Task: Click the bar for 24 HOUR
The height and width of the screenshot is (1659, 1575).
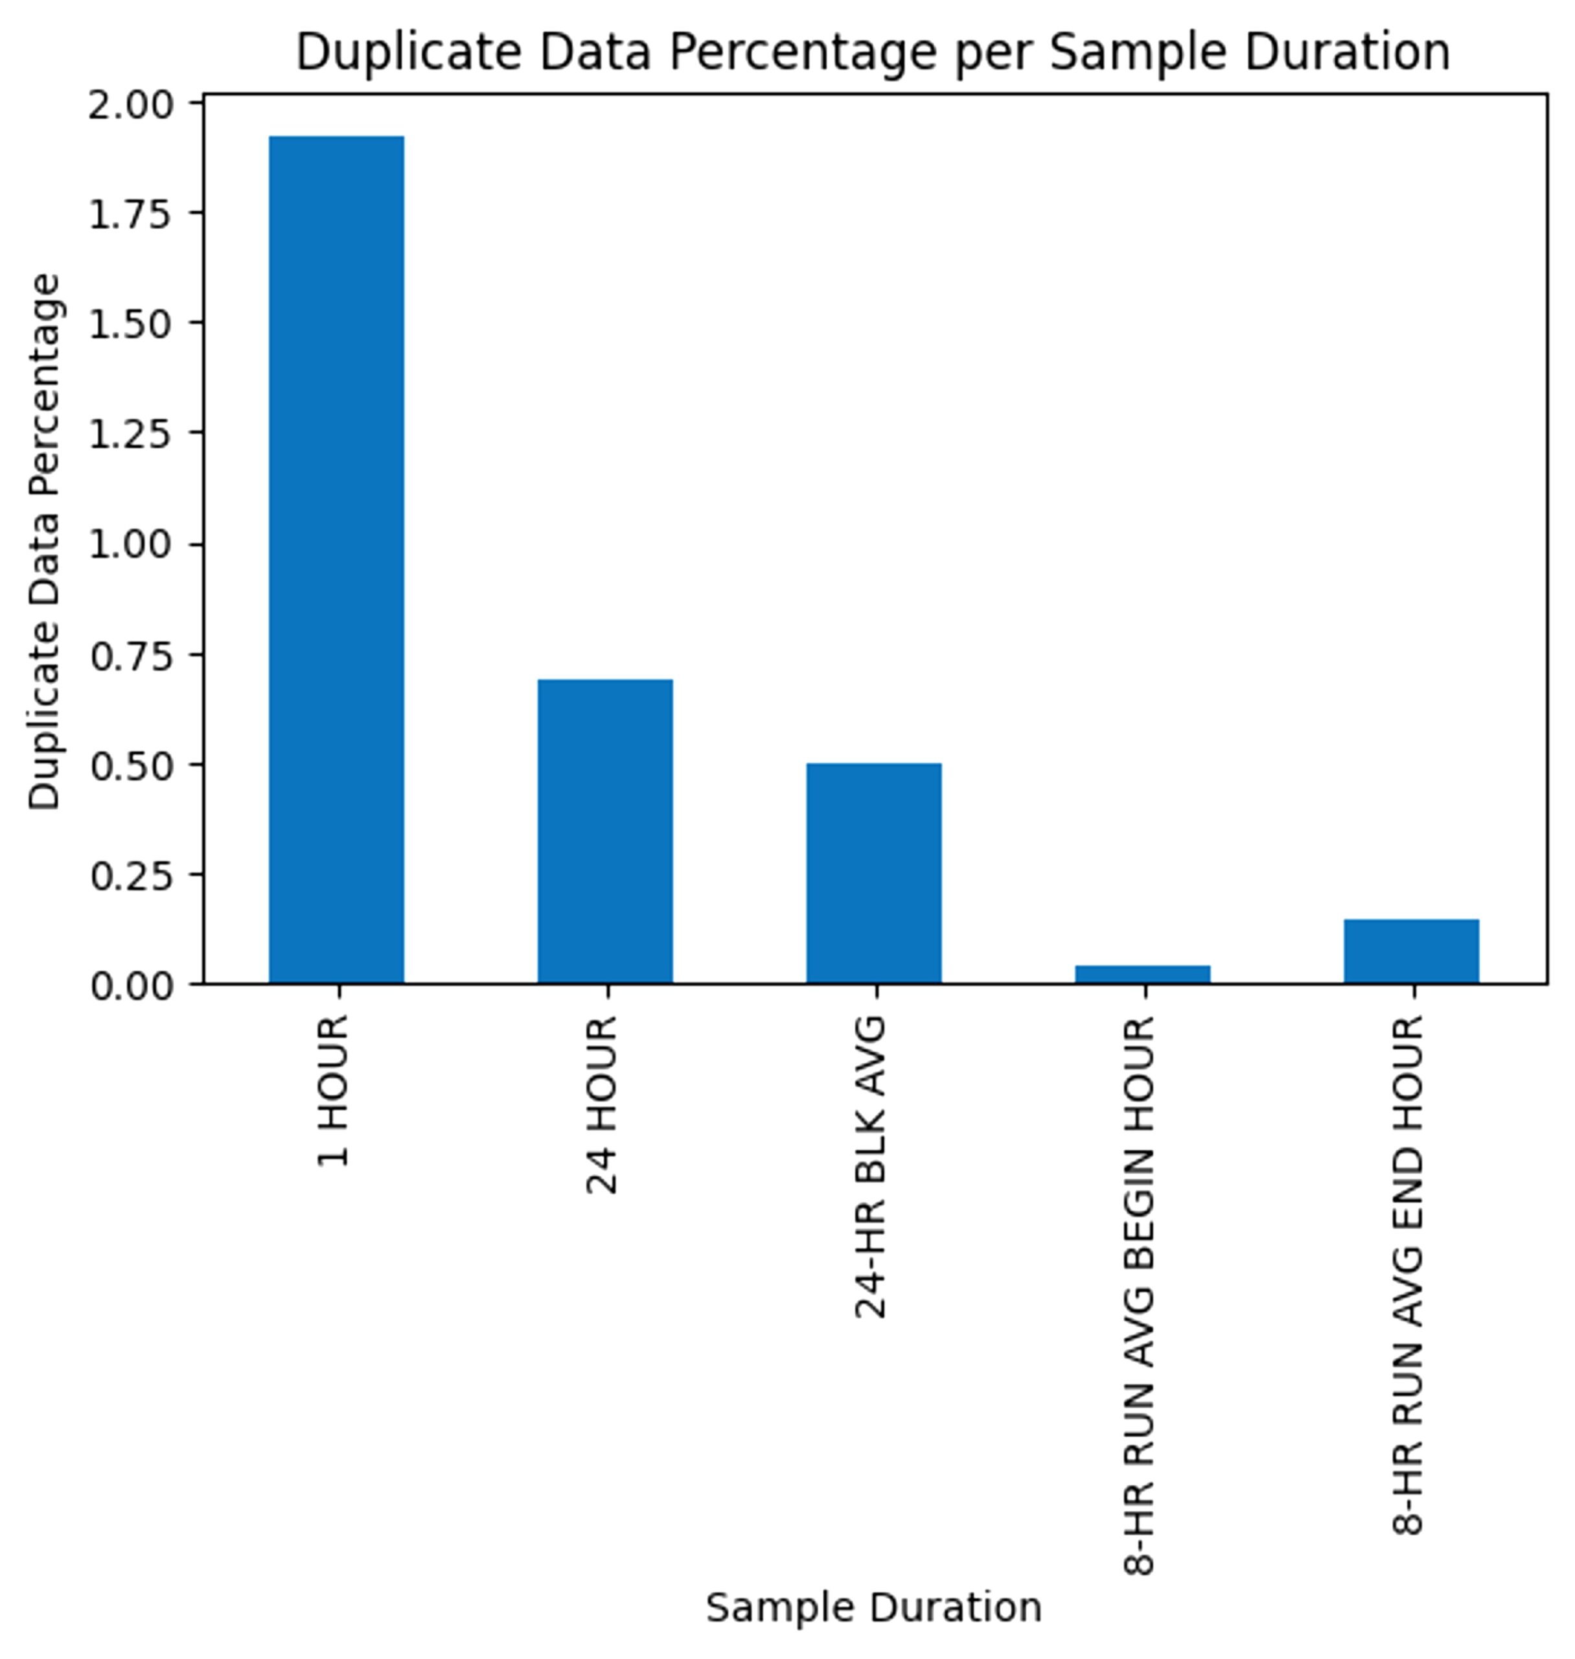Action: (x=604, y=831)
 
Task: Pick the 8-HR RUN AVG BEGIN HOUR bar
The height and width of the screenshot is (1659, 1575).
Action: (x=1143, y=974)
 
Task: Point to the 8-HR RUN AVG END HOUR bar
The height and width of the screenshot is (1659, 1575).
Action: (x=1411, y=951)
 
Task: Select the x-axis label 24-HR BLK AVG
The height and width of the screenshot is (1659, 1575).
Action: (x=871, y=1167)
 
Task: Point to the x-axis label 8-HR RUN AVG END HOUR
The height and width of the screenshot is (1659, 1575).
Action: (x=1408, y=1275)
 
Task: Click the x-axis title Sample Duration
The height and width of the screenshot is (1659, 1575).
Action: (x=874, y=1608)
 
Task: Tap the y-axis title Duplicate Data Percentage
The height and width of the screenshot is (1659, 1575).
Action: (x=45, y=542)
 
